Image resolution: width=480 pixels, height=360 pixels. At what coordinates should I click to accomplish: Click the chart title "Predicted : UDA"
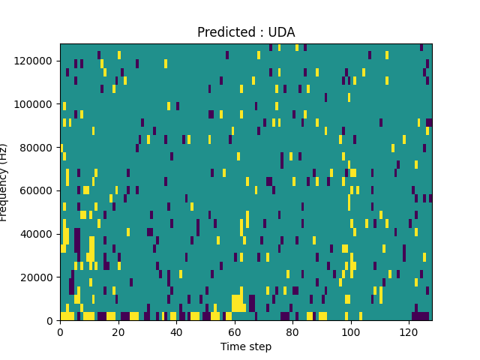(x=246, y=32)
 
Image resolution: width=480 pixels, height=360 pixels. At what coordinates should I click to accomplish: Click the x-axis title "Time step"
(x=246, y=346)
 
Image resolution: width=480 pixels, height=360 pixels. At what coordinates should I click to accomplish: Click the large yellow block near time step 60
(x=238, y=303)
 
